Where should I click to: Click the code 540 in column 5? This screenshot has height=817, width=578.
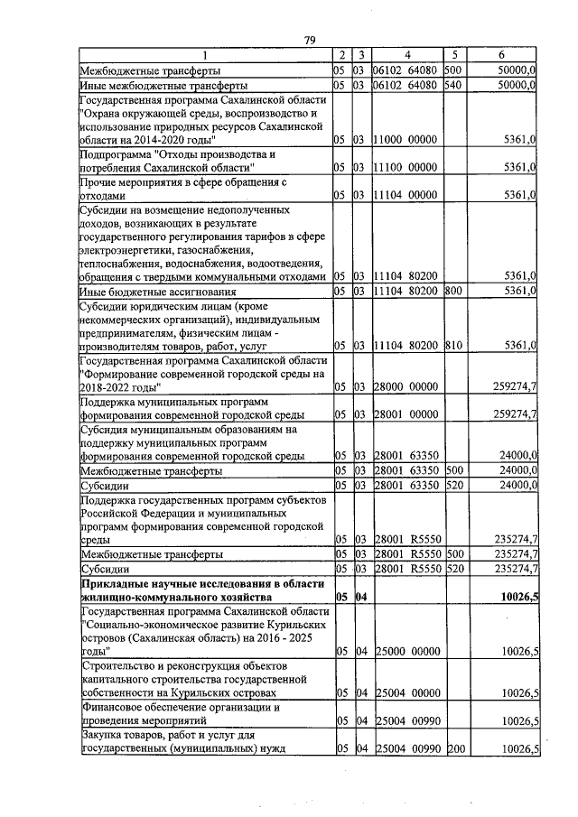[x=453, y=86]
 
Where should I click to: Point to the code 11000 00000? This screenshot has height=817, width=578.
[x=406, y=140]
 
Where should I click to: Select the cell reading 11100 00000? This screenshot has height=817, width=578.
[x=406, y=168]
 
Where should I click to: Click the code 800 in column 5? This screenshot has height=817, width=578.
[x=453, y=292]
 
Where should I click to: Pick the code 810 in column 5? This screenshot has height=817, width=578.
[x=453, y=346]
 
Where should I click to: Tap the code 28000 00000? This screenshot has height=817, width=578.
[x=406, y=387]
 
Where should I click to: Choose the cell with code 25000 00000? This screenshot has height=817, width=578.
[x=406, y=651]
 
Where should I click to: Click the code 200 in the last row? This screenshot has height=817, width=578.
[x=453, y=749]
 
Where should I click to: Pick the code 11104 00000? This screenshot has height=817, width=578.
[x=406, y=195]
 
